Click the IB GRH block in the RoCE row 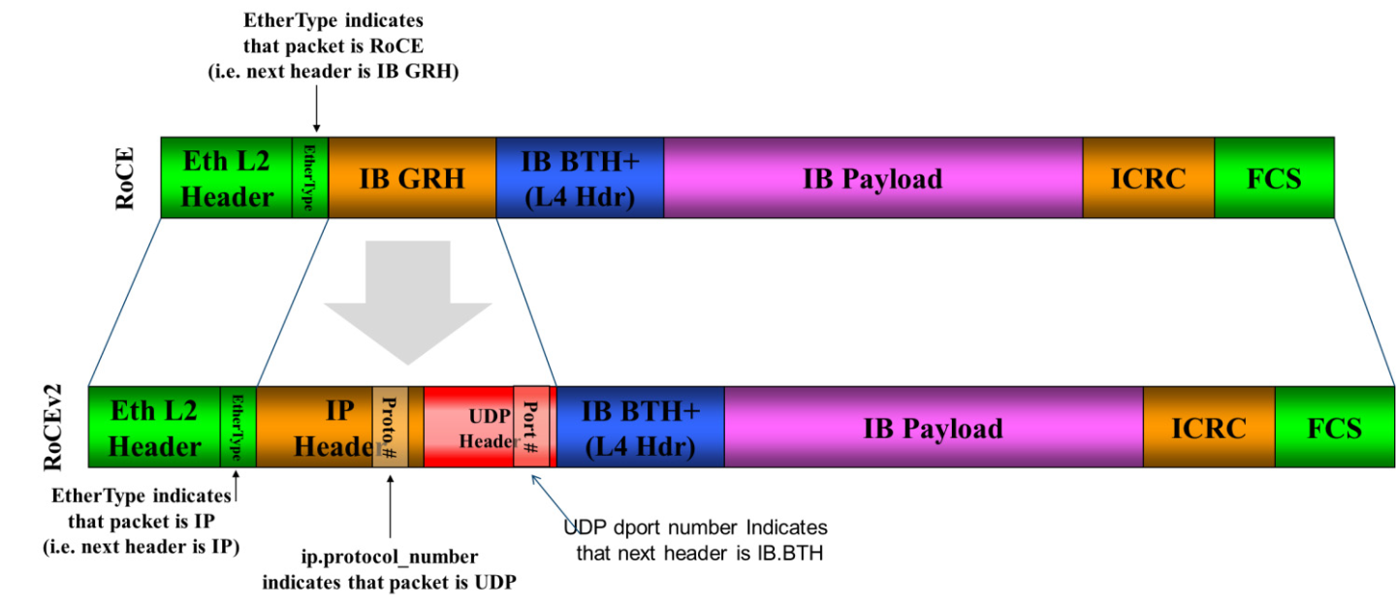[412, 177]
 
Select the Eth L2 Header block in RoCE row [227, 177]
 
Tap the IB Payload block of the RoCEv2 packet [933, 428]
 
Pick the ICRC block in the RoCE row [1148, 177]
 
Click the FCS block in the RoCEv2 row [1334, 428]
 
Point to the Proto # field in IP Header [390, 427]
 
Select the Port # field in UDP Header [531, 427]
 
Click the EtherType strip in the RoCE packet [310, 177]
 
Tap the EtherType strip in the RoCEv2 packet [238, 428]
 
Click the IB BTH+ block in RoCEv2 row [640, 428]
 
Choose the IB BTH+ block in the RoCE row [579, 177]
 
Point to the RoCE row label [125, 178]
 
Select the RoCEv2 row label [52, 428]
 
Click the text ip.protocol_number [389, 558]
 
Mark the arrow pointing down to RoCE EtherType [315, 113]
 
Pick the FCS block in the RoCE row [1274, 177]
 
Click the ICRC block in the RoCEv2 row [1208, 428]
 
